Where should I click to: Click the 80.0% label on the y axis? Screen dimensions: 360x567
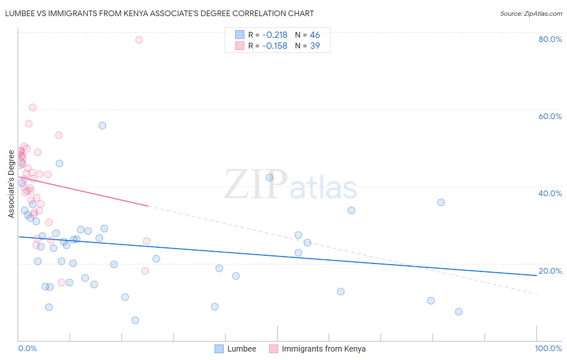550,39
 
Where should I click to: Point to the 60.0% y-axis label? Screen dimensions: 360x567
550,116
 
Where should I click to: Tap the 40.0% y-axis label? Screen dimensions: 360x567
550,193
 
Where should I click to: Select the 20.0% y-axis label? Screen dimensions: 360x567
550,271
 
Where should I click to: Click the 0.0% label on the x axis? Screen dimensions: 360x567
27,348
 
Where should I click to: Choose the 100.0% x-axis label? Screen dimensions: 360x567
548,348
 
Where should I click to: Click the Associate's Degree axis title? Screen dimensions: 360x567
11,184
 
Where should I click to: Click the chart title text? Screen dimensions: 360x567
159,14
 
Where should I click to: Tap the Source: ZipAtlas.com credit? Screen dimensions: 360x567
531,14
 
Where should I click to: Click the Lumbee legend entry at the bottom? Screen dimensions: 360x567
242,349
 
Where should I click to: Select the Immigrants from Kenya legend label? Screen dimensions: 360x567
323,349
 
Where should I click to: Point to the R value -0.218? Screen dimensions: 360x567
275,35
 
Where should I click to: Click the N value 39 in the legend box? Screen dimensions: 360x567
315,46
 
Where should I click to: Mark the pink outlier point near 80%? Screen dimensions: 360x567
139,40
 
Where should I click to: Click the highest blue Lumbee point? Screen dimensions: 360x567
102,126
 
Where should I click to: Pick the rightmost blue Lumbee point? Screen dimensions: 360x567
459,312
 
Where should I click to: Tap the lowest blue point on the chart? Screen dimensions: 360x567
135,320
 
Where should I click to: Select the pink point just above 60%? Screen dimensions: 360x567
33,107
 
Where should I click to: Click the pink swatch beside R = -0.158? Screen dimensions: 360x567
240,46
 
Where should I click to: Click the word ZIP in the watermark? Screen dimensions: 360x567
256,184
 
